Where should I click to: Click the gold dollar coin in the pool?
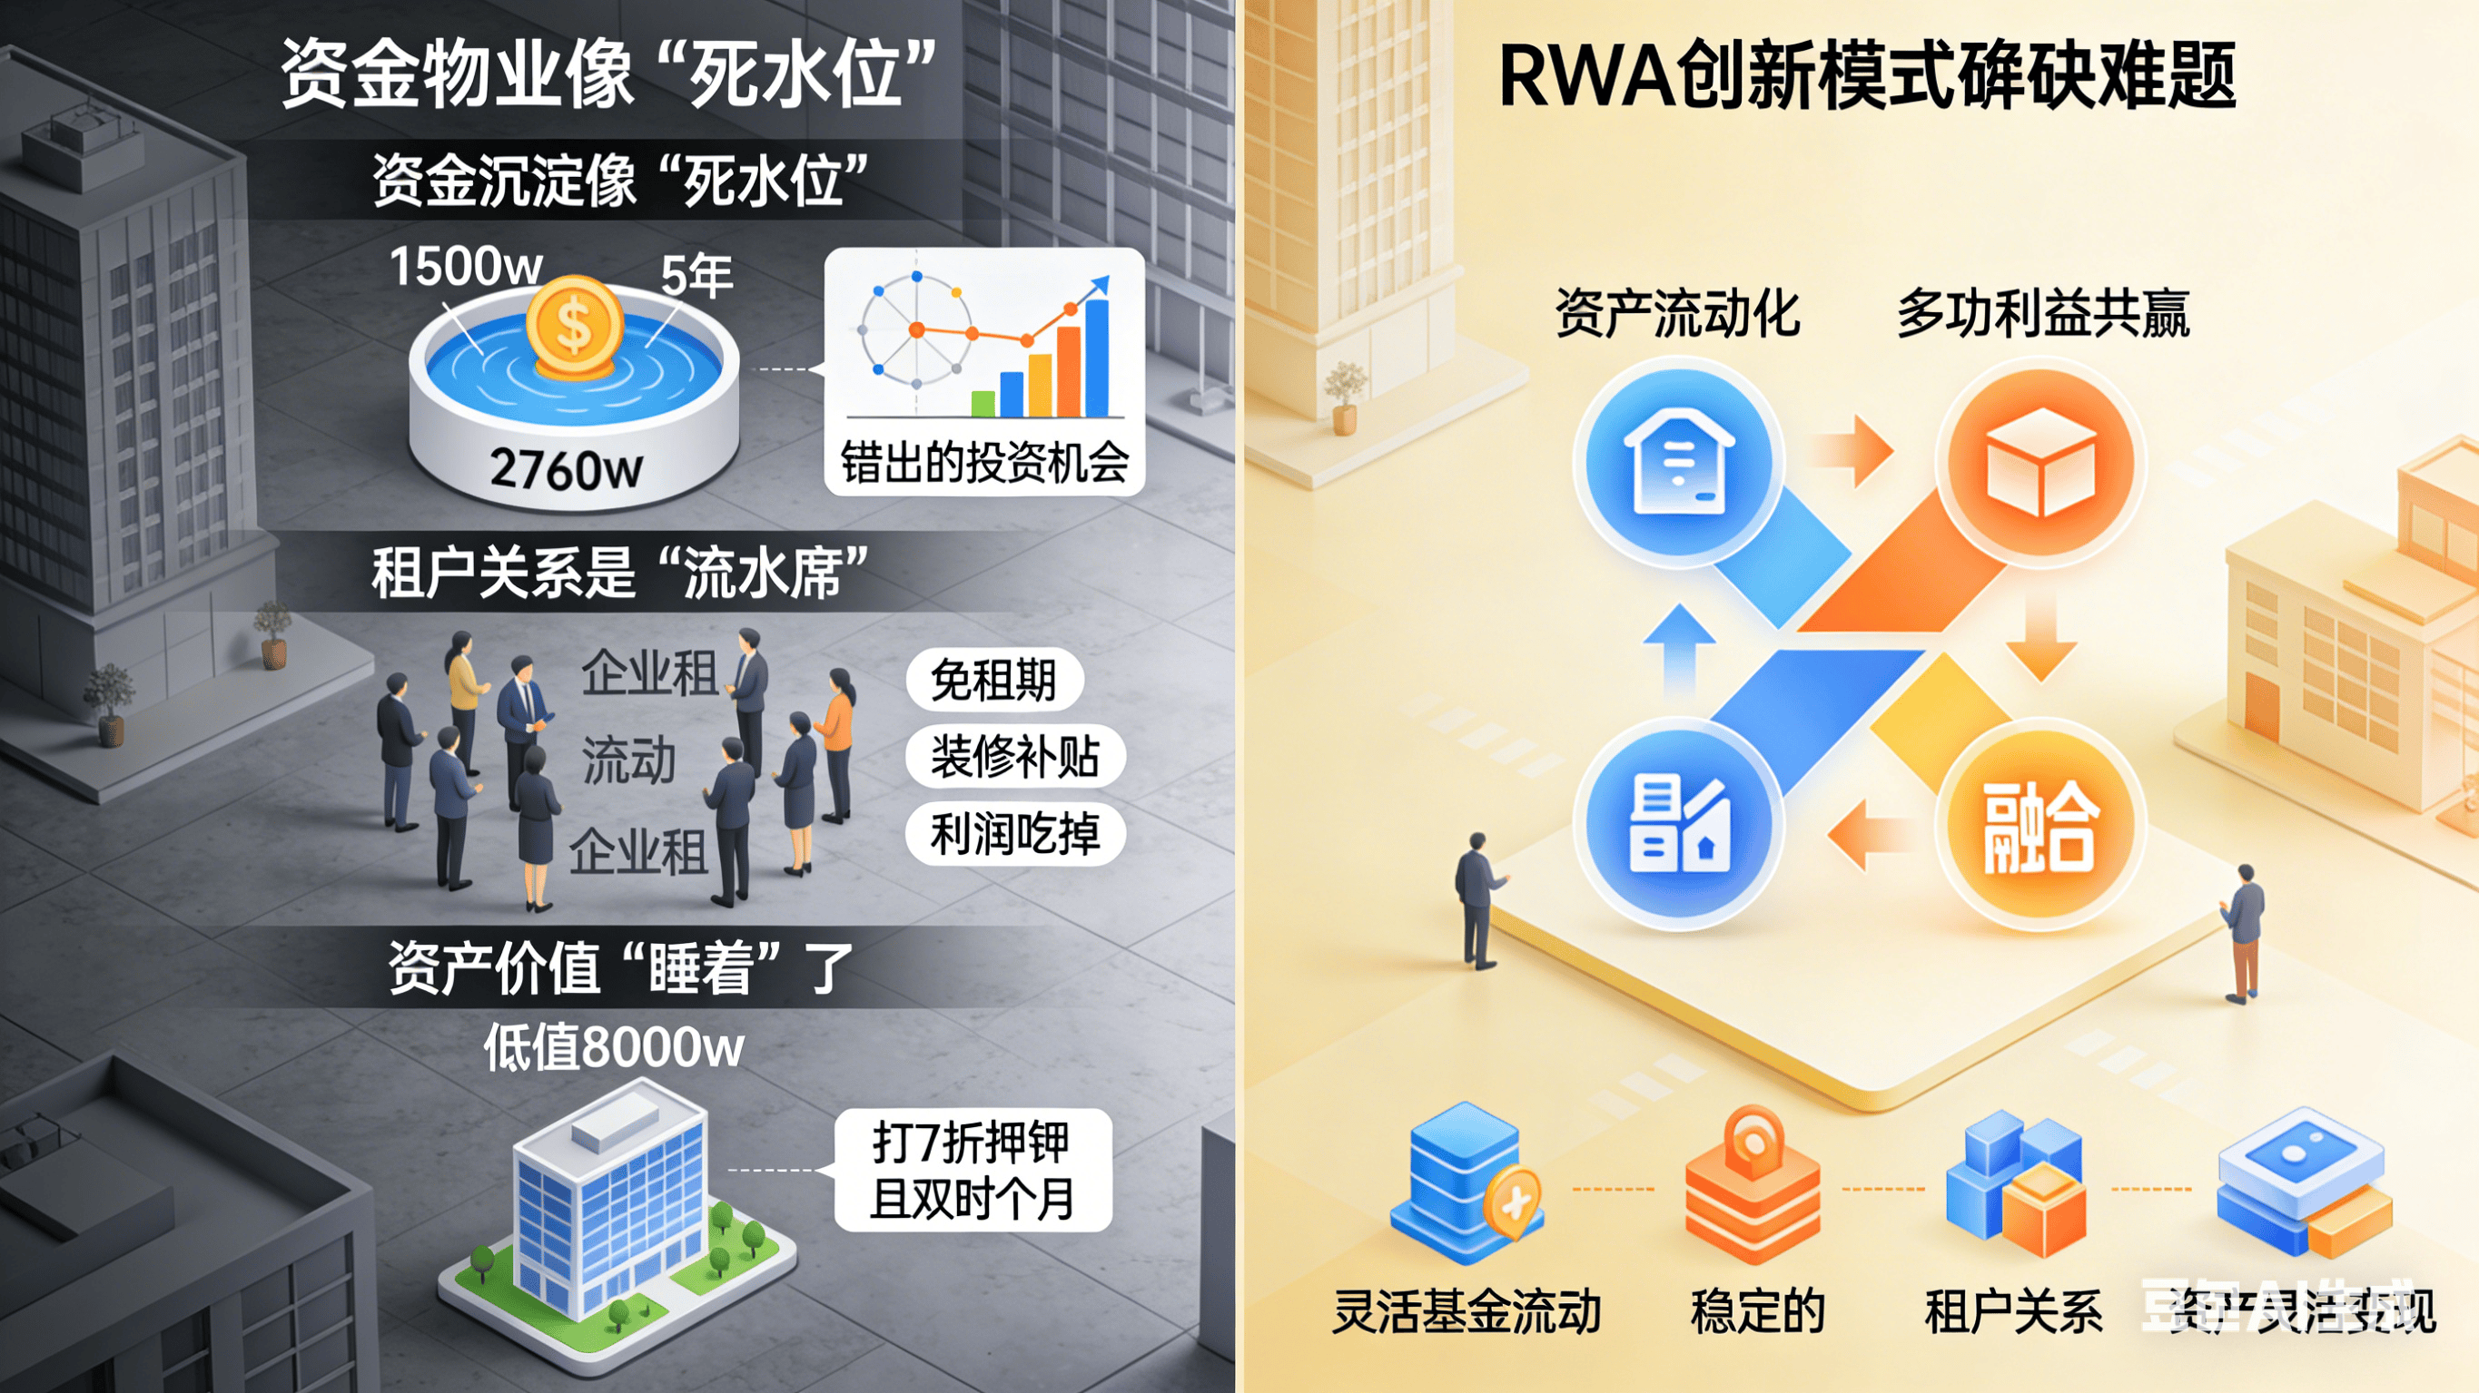[575, 325]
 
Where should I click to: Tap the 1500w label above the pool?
[466, 266]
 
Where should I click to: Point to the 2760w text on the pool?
[566, 469]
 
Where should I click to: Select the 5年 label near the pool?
[696, 275]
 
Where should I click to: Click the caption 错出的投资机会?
[984, 463]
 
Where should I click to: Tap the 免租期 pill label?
[994, 679]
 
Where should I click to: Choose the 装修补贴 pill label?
[1014, 756]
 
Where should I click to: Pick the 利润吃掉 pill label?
[1014, 833]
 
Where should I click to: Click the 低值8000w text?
[614, 1046]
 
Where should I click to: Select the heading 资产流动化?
[1677, 314]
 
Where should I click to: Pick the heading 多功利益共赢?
[2042, 314]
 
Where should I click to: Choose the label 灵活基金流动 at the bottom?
[1467, 1310]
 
